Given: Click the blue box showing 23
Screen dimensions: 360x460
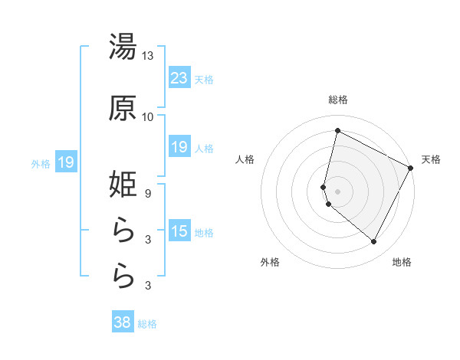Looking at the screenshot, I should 179,77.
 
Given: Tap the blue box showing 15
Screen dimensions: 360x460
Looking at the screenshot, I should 179,231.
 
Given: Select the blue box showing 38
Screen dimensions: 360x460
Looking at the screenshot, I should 123,322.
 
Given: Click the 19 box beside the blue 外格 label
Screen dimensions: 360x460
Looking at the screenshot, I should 66,162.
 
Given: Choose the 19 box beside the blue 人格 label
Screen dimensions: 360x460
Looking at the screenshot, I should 179,147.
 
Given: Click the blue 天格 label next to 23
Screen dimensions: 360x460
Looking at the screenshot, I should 204,79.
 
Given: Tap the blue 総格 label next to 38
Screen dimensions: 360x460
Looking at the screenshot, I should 147,324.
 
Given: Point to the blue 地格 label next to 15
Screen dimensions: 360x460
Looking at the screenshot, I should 204,233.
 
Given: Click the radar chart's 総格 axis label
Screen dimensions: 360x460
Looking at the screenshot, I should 338,100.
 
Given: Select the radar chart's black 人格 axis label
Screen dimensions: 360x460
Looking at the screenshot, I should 245,159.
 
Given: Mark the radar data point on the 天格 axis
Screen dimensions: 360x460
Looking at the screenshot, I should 411,168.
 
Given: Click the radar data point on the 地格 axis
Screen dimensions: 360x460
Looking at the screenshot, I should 374,242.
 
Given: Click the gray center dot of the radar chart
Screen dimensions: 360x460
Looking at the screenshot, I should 338,191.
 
